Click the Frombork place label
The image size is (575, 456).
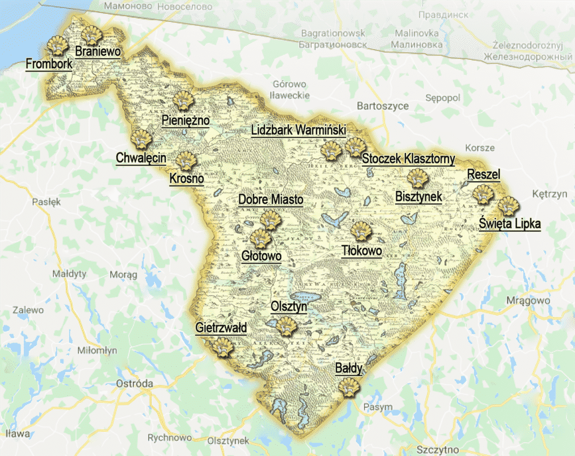pyautogui.click(x=48, y=64)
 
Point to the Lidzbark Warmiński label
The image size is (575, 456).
pyautogui.click(x=298, y=131)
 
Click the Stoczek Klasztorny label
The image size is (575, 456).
pyautogui.click(x=408, y=159)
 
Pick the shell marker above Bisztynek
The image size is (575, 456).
pyautogui.click(x=417, y=179)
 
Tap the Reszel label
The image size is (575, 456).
pyautogui.click(x=483, y=174)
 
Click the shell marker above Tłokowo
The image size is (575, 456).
pyautogui.click(x=361, y=231)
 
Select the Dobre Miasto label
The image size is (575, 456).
pyautogui.click(x=271, y=199)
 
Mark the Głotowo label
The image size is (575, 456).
pyautogui.click(x=261, y=256)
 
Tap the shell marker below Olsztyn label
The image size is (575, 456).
pyautogui.click(x=286, y=325)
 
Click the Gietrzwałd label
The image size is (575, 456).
pyautogui.click(x=221, y=327)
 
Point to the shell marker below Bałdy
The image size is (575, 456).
pyautogui.click(x=349, y=387)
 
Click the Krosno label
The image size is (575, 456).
pyautogui.click(x=186, y=178)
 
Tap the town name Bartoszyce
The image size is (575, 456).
pyautogui.click(x=383, y=106)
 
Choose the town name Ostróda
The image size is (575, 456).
pyautogui.click(x=135, y=384)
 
